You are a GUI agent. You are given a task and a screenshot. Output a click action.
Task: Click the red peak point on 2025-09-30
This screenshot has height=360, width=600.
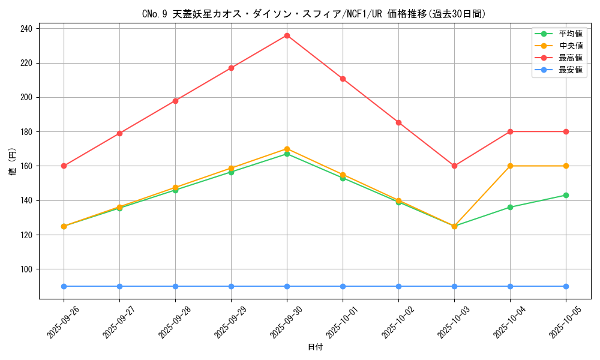click(x=287, y=35)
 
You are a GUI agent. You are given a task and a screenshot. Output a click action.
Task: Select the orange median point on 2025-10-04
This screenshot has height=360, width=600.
click(x=510, y=166)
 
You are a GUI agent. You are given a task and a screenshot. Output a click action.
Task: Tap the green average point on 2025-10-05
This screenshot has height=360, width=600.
click(x=566, y=195)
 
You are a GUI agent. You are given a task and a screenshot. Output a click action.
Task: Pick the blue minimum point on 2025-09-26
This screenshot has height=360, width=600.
click(x=64, y=286)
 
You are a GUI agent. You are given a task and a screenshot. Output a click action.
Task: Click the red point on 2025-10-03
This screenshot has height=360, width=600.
click(x=454, y=166)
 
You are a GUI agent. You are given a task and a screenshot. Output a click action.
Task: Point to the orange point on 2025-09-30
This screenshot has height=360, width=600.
click(x=287, y=149)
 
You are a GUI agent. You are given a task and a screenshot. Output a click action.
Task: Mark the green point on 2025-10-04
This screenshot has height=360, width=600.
click(x=510, y=207)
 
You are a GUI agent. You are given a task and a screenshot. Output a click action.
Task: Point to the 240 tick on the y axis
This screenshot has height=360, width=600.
click(x=27, y=28)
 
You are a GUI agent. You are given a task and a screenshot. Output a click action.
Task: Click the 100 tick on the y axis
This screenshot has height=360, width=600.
click(x=27, y=269)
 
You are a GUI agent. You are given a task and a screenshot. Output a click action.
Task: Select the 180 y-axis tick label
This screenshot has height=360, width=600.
click(x=27, y=131)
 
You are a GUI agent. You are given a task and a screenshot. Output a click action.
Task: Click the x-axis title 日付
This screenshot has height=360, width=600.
click(x=314, y=347)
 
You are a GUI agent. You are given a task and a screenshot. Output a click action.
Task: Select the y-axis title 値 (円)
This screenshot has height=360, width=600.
click(x=12, y=163)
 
